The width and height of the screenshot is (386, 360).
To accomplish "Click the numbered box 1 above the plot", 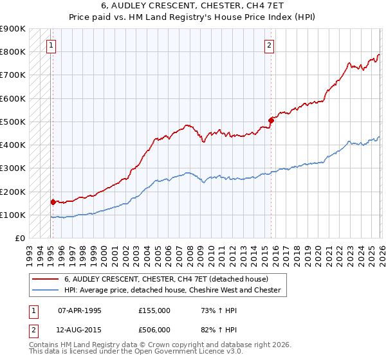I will click(51, 45).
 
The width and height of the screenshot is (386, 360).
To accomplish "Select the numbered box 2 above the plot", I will click(269, 45).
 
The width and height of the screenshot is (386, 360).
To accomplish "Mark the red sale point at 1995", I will click(53, 202).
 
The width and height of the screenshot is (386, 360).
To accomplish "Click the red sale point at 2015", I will click(271, 120).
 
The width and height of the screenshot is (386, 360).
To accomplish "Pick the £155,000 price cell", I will click(154, 310).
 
